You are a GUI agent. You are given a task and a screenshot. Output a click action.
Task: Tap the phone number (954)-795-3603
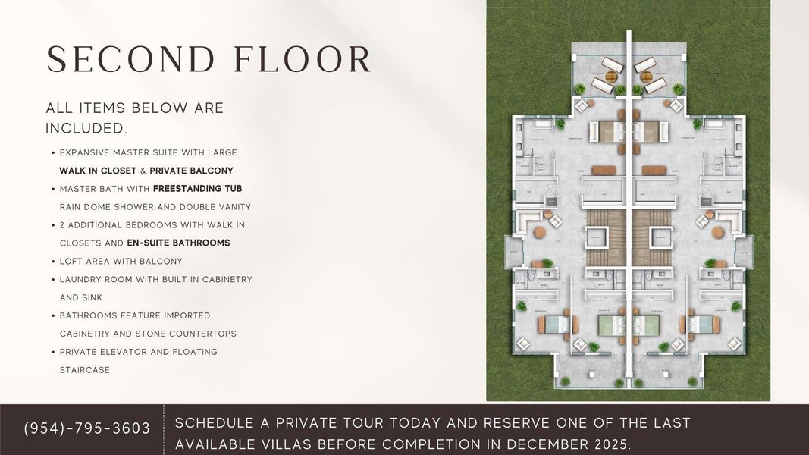pos(87,428)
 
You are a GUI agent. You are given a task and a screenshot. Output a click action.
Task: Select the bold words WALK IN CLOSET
pos(98,171)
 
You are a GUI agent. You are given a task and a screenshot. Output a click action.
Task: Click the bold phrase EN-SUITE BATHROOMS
pos(178,243)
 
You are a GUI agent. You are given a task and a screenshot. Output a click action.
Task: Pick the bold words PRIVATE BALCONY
pos(191,171)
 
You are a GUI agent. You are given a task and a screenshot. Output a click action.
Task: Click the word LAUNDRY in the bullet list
pos(89,280)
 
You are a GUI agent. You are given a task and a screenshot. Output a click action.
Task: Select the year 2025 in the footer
pos(607,444)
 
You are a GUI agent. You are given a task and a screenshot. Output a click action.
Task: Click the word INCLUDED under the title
pos(84,128)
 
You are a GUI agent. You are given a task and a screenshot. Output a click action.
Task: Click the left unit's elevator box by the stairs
pos(595,238)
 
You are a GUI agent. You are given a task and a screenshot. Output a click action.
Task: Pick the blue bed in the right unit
pos(703,325)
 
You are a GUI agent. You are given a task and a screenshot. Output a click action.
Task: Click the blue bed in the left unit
pos(554,325)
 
